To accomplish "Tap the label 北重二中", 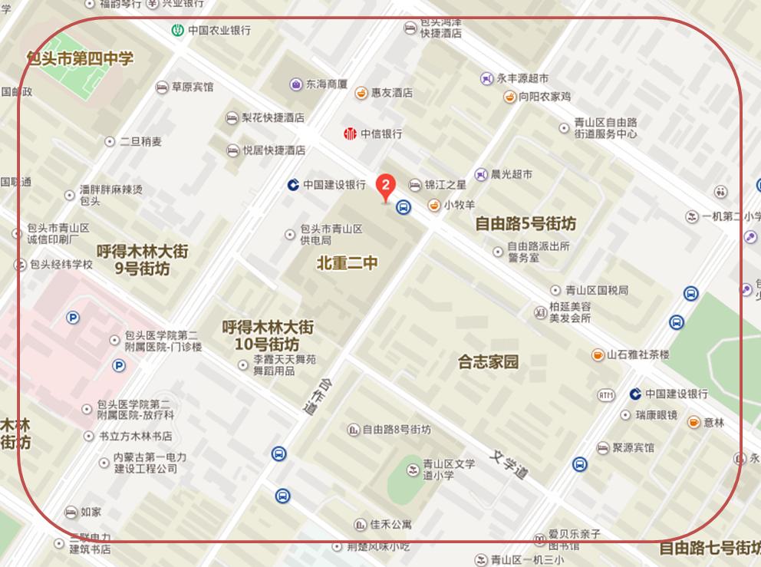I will [348, 263].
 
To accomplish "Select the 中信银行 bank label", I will [381, 134].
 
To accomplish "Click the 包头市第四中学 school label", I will [80, 58].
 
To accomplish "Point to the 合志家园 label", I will [488, 361].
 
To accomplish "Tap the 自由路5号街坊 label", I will [525, 224].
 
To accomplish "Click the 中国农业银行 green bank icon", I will [177, 31].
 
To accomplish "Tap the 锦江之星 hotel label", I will [446, 185].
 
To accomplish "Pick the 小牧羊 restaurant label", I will [459, 205].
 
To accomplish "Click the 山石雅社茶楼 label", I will [637, 354].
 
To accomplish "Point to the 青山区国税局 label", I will [596, 290].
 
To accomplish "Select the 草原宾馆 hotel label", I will [192, 87].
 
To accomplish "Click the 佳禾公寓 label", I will [390, 525].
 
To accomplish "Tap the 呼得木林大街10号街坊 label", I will [268, 335].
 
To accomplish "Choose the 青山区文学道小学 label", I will [449, 470].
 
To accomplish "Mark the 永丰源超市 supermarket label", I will [522, 78].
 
